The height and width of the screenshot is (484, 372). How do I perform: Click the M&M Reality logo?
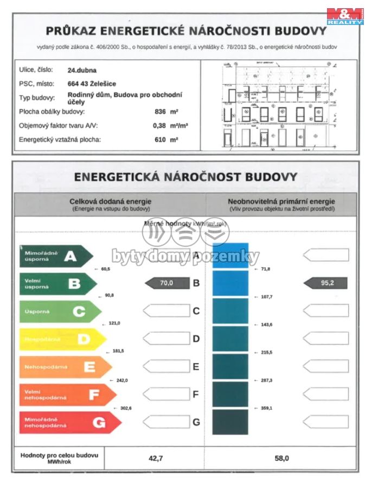(x=345, y=16)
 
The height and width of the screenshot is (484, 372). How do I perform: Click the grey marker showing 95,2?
(x=325, y=283)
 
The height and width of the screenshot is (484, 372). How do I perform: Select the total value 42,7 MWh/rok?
(x=156, y=458)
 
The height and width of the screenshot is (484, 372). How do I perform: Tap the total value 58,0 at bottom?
(x=282, y=458)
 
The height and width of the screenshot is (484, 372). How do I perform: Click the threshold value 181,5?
(x=117, y=351)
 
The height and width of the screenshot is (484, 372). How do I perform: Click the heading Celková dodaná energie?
(x=110, y=201)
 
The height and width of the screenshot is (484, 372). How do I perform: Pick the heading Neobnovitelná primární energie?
(x=281, y=201)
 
